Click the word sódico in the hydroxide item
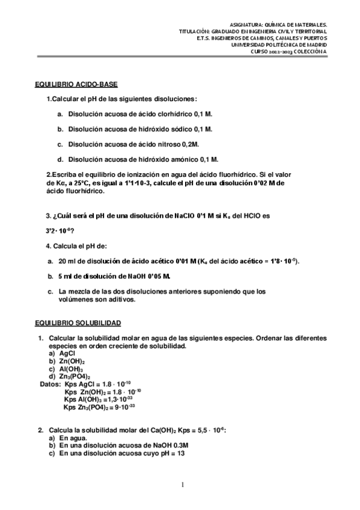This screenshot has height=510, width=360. [x=181, y=129]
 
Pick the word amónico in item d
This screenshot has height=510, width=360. [x=182, y=160]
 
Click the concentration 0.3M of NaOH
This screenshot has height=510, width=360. [x=178, y=446]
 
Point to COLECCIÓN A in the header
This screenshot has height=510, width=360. [x=311, y=51]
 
